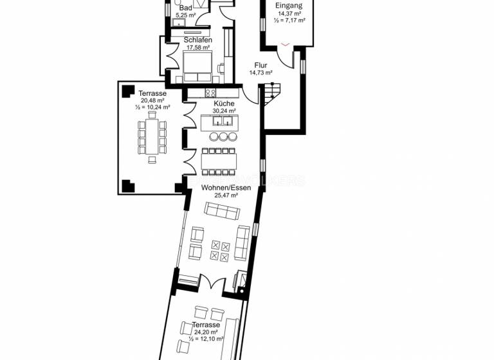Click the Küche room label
point(223,104)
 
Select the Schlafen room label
point(198,40)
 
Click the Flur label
point(261,65)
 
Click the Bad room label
point(185,7)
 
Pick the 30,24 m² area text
point(223,111)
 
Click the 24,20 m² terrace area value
point(206,332)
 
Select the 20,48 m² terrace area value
point(152,100)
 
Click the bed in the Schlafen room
point(197,66)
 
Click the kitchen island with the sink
point(219,122)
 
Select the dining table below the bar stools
point(219,161)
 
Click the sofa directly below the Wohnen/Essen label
point(221,210)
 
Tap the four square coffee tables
point(220,251)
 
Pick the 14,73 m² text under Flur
point(261,73)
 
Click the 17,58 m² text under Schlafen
point(198,47)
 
